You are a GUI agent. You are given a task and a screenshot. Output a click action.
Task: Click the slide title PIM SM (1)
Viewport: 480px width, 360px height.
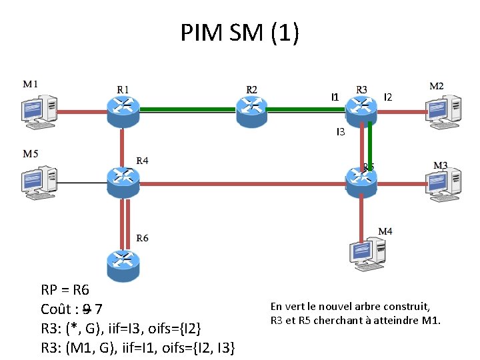coord(240,32)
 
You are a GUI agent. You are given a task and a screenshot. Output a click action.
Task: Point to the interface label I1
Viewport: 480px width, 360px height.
coord(335,97)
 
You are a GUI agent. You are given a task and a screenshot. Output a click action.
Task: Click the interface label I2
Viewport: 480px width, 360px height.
coord(388,97)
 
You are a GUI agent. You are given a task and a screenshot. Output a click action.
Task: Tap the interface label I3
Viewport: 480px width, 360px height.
coord(340,133)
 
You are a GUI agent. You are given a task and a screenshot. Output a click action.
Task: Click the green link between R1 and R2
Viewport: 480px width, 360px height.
coord(187,109)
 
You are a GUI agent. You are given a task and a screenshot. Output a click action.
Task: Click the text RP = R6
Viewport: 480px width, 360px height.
coord(65,291)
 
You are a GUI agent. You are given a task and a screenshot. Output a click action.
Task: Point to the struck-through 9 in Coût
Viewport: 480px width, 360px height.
coord(86,309)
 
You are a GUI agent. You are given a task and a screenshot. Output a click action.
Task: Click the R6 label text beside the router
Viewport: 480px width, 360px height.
coord(143,238)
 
